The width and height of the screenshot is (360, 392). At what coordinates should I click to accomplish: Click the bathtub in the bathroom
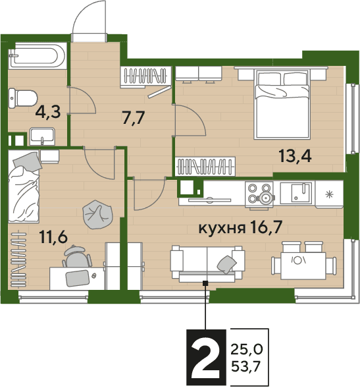tap(38, 56)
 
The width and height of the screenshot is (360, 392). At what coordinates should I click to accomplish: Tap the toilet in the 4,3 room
tap(23, 99)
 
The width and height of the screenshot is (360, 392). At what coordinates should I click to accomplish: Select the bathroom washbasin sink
tap(42, 136)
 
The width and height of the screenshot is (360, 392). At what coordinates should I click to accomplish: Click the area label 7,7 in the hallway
tap(134, 117)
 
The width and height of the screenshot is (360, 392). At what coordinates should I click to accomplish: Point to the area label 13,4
tap(296, 155)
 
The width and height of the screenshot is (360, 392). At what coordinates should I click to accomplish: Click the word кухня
tap(222, 229)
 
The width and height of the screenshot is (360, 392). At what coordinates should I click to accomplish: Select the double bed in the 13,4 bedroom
tap(282, 103)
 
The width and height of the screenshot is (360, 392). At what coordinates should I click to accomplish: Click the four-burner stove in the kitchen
tap(259, 194)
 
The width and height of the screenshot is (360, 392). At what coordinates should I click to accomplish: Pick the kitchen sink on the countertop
tap(296, 193)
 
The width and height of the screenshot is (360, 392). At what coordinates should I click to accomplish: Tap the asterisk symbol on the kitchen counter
tap(329, 194)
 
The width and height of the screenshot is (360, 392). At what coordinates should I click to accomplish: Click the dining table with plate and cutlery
tap(303, 266)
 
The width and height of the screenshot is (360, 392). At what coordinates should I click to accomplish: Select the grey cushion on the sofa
tap(226, 264)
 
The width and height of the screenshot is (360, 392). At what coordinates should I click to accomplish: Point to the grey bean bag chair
tap(97, 215)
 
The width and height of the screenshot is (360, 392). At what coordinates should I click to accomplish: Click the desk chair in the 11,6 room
tap(76, 256)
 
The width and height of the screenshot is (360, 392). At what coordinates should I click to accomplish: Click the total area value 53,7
tap(245, 366)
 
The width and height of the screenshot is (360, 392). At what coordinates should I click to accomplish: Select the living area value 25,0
tap(246, 349)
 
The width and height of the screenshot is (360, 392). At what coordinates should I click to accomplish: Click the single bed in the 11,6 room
tap(24, 186)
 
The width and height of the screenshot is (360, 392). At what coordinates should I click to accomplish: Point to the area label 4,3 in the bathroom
tap(48, 112)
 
